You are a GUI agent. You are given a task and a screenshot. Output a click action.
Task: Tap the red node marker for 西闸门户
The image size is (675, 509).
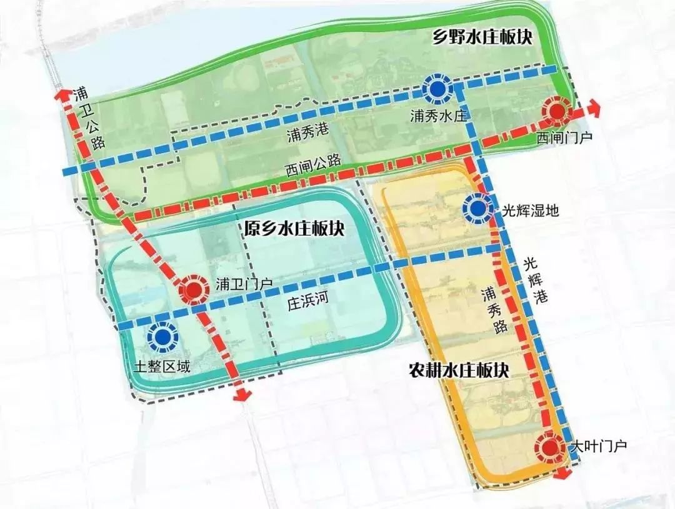pyautogui.click(x=554, y=111)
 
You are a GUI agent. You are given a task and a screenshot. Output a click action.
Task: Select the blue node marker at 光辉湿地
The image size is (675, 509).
pyautogui.click(x=477, y=209)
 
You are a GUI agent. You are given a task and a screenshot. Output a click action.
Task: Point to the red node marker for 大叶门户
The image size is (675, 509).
pyautogui.click(x=550, y=446)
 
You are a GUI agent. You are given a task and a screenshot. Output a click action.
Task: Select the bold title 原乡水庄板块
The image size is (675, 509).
pyautogui.click(x=294, y=228)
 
